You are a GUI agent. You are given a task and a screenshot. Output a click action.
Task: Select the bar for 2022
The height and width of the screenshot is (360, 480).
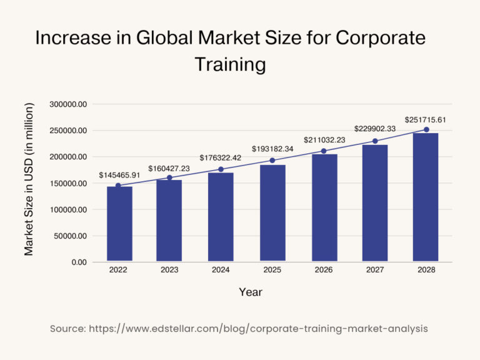[x=119, y=223]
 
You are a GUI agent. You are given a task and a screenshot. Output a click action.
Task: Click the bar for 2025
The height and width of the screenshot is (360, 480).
[x=272, y=212]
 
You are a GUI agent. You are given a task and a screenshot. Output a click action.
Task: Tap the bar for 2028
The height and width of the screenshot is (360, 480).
[x=426, y=197]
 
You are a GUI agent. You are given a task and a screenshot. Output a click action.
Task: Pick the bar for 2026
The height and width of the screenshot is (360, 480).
[x=324, y=207]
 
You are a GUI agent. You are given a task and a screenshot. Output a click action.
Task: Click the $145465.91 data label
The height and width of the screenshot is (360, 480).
[x=119, y=176]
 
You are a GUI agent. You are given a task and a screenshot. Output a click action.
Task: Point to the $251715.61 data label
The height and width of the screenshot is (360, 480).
[x=426, y=119]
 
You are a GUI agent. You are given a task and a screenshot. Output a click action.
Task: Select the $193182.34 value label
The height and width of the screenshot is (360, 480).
[x=272, y=150]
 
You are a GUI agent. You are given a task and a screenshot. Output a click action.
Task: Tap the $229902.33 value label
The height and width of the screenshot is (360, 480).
[x=375, y=129]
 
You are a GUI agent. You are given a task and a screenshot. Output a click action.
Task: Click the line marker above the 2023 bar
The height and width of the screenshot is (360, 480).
[x=169, y=177]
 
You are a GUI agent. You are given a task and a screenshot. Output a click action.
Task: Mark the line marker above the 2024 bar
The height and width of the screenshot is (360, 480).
[x=221, y=169]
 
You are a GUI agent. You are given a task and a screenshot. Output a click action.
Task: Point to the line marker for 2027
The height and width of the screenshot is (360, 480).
[x=375, y=141]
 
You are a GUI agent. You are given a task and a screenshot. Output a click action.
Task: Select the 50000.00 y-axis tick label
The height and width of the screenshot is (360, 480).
[x=70, y=236]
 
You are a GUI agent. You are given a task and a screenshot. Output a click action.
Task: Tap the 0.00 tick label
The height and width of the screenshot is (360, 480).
[x=79, y=262]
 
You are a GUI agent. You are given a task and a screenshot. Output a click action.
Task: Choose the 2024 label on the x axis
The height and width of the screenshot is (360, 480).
[x=221, y=270]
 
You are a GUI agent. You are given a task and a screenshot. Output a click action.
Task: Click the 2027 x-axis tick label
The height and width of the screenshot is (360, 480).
[x=375, y=270]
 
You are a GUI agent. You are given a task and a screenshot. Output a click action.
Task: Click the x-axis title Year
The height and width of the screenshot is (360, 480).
[x=251, y=292]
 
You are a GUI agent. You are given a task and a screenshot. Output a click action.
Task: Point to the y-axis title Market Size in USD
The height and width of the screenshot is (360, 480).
[x=29, y=179]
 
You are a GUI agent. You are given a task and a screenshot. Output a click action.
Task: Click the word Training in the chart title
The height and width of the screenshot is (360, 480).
[x=231, y=64]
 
